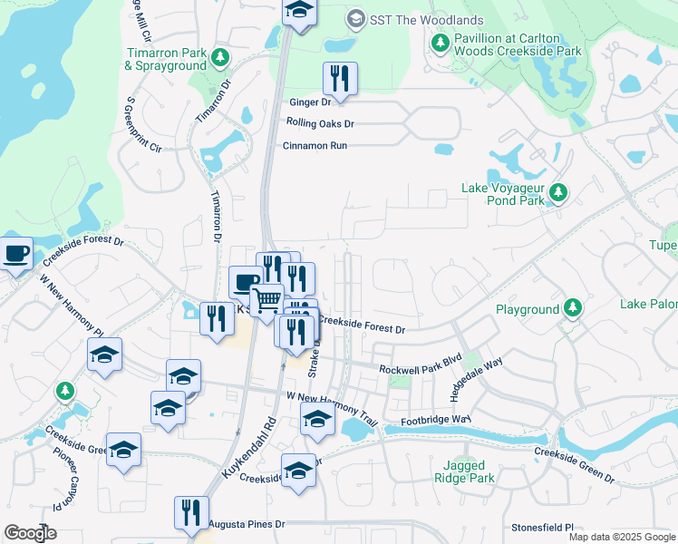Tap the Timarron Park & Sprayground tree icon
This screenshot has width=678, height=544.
pyautogui.click(x=219, y=59)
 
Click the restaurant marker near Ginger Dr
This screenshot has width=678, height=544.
pyautogui.click(x=340, y=78)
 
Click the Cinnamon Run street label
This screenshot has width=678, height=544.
pyautogui.click(x=315, y=145)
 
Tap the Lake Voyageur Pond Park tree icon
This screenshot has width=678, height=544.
pyautogui.click(x=560, y=191)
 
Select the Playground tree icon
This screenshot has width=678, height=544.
pyautogui.click(x=572, y=309)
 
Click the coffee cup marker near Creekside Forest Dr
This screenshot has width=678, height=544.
pyautogui.click(x=15, y=253)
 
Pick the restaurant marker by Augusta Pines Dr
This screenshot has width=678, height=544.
pyautogui.click(x=191, y=513)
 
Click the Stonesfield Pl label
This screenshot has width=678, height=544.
pyautogui.click(x=543, y=526)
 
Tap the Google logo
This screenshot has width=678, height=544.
pyautogui.click(x=30, y=533)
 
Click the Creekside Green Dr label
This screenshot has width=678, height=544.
pyautogui.click(x=574, y=463)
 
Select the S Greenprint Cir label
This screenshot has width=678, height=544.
pyautogui.click(x=143, y=123)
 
